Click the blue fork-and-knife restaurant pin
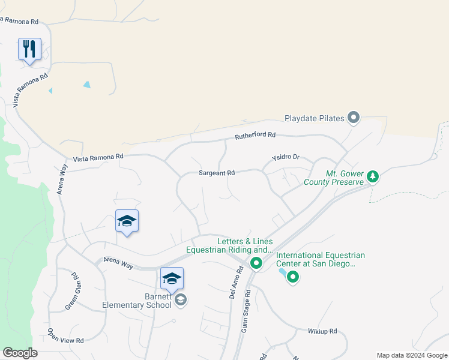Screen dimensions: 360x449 [29, 49]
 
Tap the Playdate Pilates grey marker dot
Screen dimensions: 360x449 [354, 118]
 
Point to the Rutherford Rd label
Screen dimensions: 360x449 [255, 135]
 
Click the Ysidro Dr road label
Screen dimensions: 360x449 [285, 157]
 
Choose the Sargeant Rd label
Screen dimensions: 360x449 [216, 173]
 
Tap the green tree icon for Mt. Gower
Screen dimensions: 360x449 [373, 176]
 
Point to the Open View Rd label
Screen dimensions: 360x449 [65, 336]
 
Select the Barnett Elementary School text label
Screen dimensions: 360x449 [137, 300]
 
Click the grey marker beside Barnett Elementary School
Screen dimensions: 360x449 [181, 299]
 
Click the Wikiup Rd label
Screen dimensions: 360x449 [323, 331]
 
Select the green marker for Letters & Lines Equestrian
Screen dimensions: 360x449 [256, 263]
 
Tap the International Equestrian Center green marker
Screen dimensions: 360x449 [293, 277]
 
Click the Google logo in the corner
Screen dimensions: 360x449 [20, 353]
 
